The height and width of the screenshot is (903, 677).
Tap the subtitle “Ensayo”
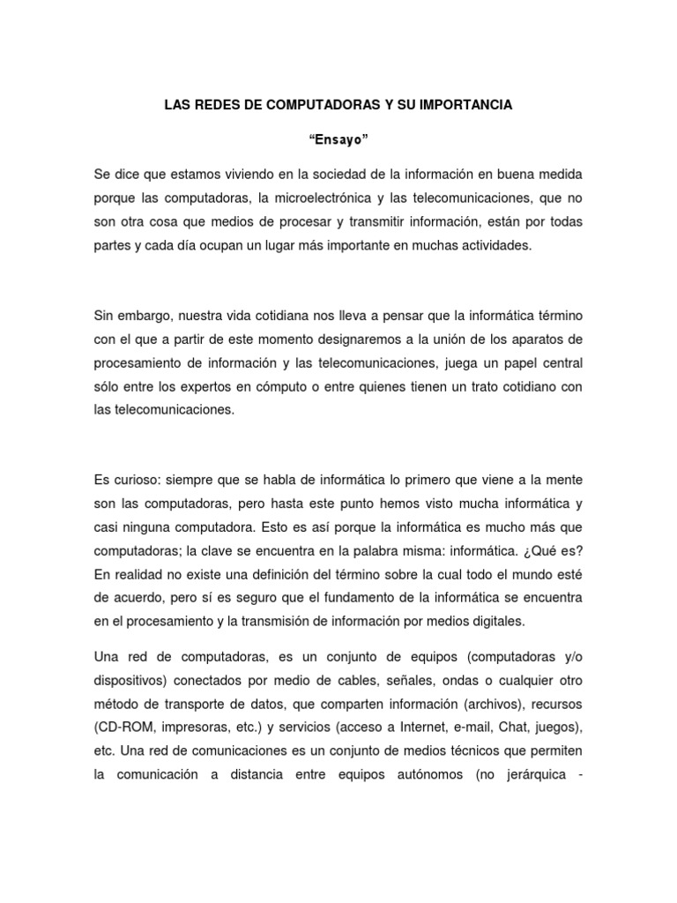coord(338,138)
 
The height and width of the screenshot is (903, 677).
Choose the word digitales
coord(496,622)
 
